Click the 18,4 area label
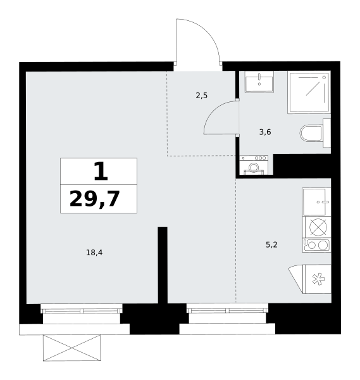coord(94,253)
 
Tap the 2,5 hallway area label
coord(201,96)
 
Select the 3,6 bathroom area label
coord(265,132)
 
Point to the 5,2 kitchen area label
coord(271,244)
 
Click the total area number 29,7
coord(95,199)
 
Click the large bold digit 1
coord(101,171)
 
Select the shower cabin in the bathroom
coord(309,92)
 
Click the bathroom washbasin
coord(259,82)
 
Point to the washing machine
coord(254,165)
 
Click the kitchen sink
coord(316,201)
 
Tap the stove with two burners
coord(317,245)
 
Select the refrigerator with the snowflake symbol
coord(317,279)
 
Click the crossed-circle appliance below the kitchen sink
coord(318,227)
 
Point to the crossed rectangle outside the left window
coord(71,348)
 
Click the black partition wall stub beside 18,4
coord(163,265)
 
